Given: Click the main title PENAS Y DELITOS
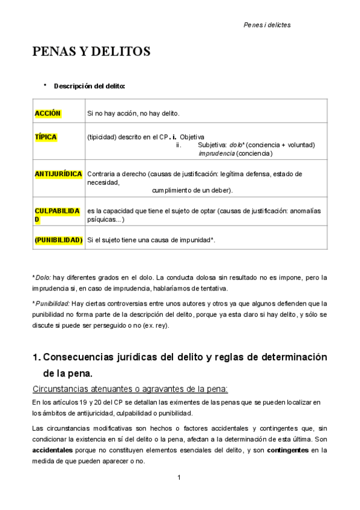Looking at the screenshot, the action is pyautogui.click(x=91, y=52).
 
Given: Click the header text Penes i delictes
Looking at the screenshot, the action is pyautogui.click(x=267, y=25).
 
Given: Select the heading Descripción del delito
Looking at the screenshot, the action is pyautogui.click(x=90, y=86).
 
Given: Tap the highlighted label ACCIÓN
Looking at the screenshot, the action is pyautogui.click(x=48, y=113).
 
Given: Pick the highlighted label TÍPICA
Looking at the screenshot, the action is pyautogui.click(x=46, y=137).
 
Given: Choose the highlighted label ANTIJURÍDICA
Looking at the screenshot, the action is pyautogui.click(x=58, y=174).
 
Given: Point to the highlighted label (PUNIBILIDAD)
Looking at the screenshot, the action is pyautogui.click(x=58, y=240).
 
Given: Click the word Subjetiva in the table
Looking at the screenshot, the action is pyautogui.click(x=212, y=145).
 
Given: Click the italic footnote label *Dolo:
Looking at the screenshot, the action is pyautogui.click(x=41, y=278).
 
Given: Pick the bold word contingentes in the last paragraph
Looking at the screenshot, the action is pyautogui.click(x=287, y=450).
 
